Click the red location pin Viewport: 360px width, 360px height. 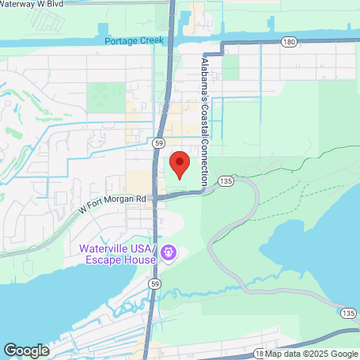point(180,164)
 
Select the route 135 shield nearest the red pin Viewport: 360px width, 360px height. point(226,181)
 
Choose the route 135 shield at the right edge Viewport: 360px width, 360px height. point(348,313)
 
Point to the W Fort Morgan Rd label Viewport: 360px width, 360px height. point(112,199)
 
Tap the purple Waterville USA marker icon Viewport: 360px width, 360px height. point(168,254)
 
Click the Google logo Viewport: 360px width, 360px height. point(26,350)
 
